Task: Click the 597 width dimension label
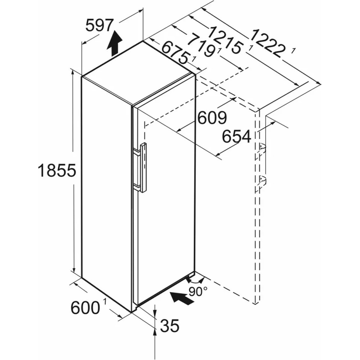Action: [100, 25]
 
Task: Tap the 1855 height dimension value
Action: [57, 170]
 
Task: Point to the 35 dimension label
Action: [170, 325]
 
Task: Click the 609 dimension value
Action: [212, 117]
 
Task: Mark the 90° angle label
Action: [198, 292]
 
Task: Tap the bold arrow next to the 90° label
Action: [181, 298]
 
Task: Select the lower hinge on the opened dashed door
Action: [262, 181]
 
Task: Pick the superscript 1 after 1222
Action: [293, 51]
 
